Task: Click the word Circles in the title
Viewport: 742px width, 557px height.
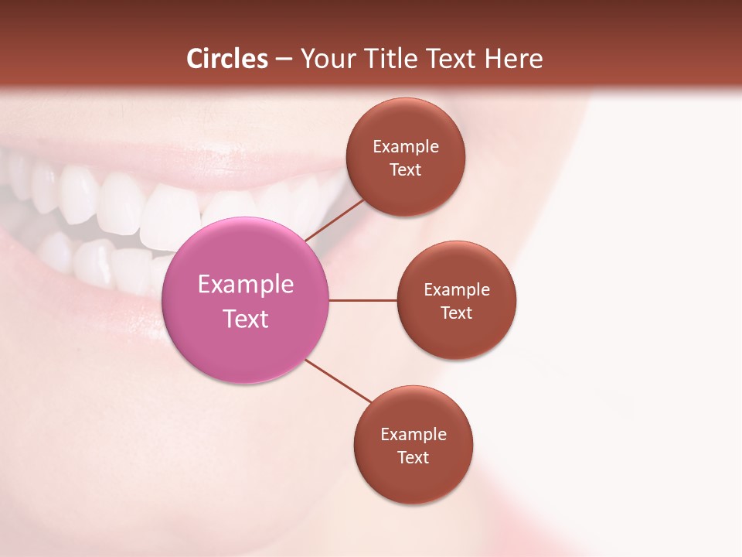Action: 226,59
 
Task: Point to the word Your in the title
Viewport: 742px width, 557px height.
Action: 328,59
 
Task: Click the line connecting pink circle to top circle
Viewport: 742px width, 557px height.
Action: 335,219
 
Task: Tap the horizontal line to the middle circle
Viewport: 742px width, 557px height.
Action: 362,300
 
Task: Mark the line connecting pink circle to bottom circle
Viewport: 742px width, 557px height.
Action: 339,381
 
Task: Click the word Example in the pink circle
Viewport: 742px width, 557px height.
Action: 246,285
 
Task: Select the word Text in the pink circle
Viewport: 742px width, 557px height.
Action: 246,319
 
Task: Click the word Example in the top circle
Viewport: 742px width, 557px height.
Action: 406,147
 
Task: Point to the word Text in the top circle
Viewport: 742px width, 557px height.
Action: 405,170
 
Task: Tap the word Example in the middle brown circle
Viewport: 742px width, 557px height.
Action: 457,290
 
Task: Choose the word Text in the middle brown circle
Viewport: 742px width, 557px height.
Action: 456,313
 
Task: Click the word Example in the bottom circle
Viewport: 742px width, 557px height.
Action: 414,435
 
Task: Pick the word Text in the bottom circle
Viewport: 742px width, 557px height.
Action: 413,457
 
